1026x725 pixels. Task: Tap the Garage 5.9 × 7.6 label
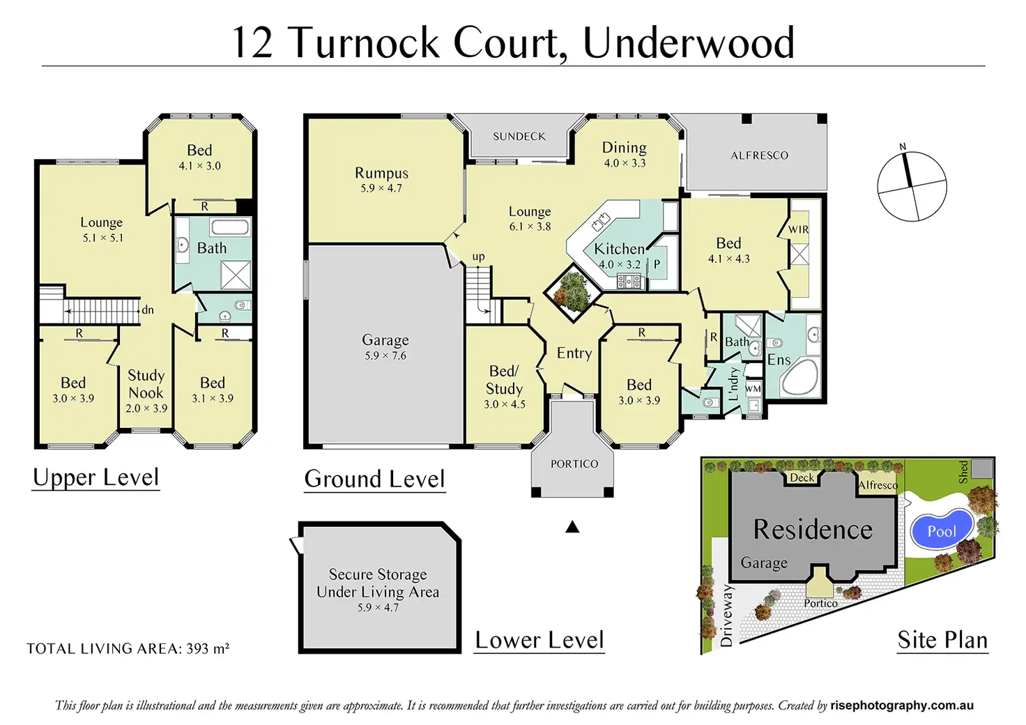coord(385,346)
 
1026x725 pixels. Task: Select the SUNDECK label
coord(519,137)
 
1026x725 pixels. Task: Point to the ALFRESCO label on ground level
coord(759,155)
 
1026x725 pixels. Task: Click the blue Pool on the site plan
coord(942,531)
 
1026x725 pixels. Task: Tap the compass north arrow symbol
coord(908,169)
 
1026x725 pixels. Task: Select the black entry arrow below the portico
coord(572,527)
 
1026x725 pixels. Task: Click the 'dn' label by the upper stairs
coord(148,310)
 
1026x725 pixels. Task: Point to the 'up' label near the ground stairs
coord(478,257)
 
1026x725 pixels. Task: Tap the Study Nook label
coord(146,384)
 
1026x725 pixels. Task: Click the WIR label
coord(799,229)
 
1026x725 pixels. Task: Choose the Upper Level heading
coord(96,478)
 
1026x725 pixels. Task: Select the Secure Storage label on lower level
coord(378,574)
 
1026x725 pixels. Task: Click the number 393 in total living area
coord(197,648)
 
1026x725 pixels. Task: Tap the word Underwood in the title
coord(688,43)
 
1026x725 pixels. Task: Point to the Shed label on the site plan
coord(963,472)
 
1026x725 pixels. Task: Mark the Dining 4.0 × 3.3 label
coord(625,154)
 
